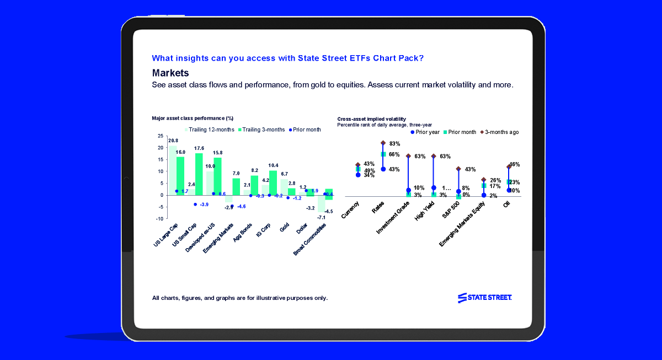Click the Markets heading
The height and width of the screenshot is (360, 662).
click(x=170, y=73)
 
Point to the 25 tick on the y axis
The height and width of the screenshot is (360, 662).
click(x=161, y=136)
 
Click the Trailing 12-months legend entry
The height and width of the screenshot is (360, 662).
click(x=209, y=130)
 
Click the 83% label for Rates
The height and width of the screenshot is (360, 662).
click(x=394, y=143)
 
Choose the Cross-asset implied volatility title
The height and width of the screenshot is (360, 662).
click(x=371, y=119)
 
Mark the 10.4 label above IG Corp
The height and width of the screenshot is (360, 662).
click(x=273, y=165)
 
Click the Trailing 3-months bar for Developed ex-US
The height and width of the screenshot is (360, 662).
click(x=217, y=176)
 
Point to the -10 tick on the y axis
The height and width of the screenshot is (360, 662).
click(x=159, y=219)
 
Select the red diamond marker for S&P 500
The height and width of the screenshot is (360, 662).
click(x=458, y=169)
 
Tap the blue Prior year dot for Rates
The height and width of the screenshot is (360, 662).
click(x=383, y=169)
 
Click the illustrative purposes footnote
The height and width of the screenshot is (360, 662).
click(x=239, y=298)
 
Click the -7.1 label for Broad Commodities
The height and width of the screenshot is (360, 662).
click(x=321, y=218)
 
